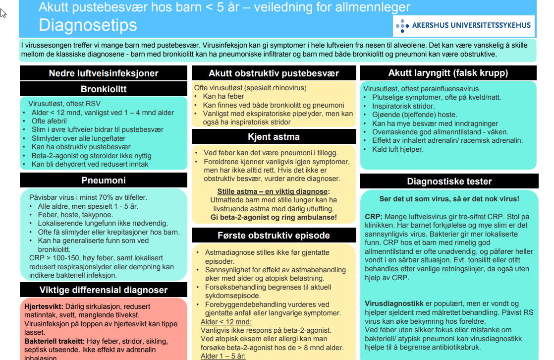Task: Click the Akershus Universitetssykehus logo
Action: point(464,25)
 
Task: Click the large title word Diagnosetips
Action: point(88,25)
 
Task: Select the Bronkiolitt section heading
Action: point(104,89)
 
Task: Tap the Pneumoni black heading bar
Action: point(104,180)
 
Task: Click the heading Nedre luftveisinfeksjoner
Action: point(104,73)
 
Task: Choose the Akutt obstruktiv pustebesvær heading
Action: point(274,73)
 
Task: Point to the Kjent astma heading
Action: point(274,136)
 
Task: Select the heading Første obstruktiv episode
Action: point(274,235)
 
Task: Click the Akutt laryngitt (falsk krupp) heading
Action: point(448,73)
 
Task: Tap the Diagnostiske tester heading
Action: point(448,181)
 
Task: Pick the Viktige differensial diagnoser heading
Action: point(104,290)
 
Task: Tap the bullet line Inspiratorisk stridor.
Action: point(403,106)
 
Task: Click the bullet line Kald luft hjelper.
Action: point(398,149)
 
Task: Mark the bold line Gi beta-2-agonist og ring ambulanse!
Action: point(274,217)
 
